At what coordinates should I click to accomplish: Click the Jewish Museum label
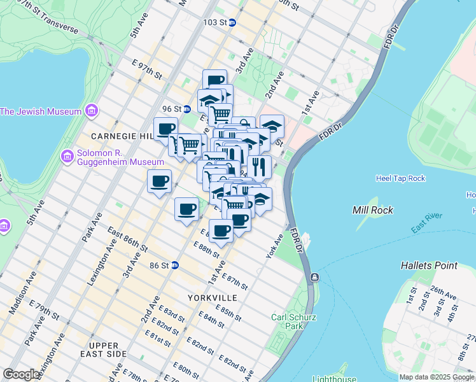click(41, 111)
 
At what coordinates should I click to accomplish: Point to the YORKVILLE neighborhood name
click(212, 297)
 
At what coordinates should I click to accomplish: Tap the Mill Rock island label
click(373, 210)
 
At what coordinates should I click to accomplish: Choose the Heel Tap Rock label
click(400, 178)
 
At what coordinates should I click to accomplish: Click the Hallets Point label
click(429, 265)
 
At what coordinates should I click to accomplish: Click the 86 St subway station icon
click(174, 265)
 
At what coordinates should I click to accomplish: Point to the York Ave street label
click(274, 246)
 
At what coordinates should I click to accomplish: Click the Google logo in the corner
click(21, 374)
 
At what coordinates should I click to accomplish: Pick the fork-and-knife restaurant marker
click(259, 167)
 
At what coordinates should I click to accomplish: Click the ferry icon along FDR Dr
click(314, 278)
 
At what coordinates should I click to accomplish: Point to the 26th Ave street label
click(444, 294)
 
